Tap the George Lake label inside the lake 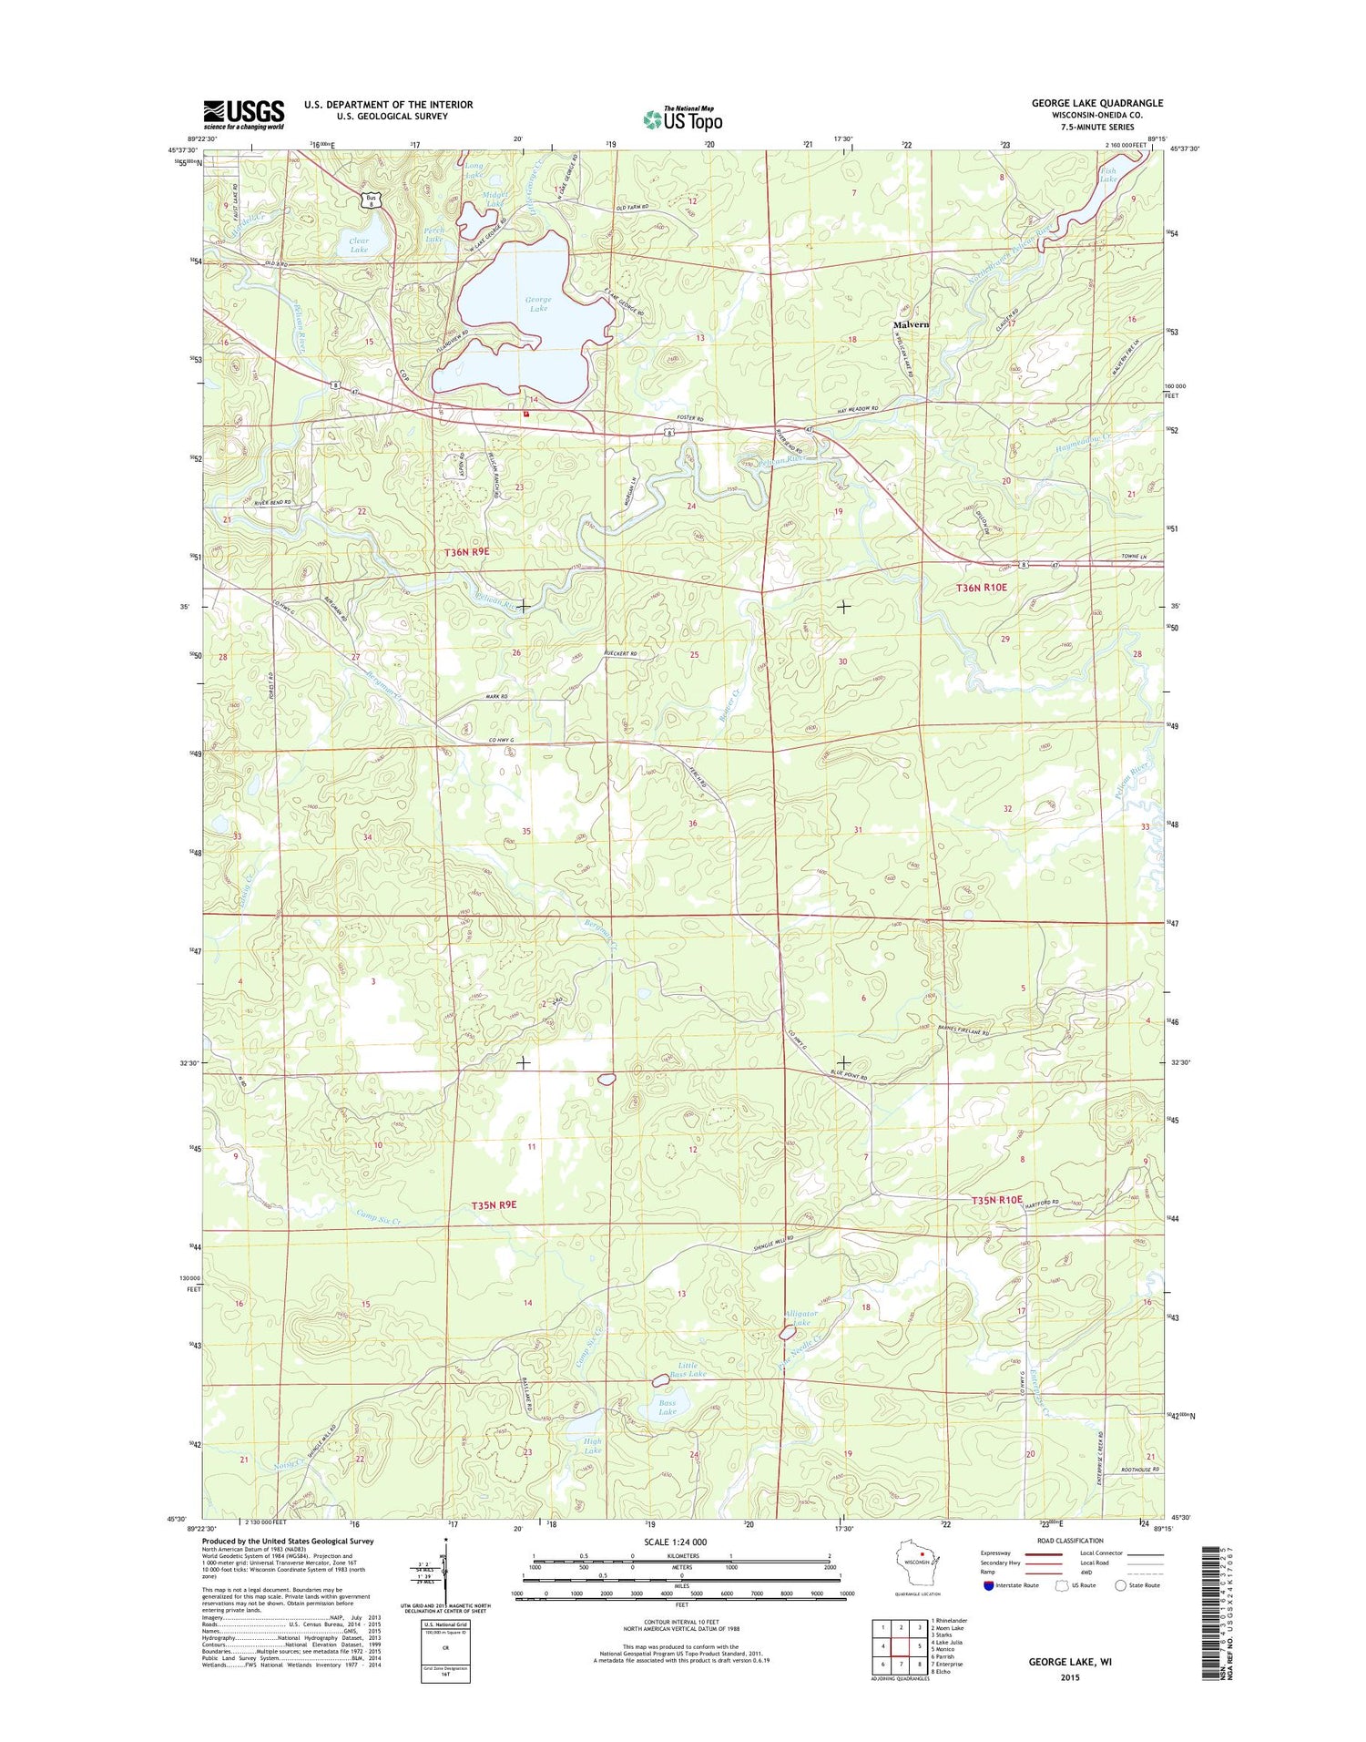click(x=538, y=303)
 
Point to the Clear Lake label click(x=359, y=245)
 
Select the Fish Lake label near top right click(x=1108, y=174)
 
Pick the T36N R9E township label click(x=467, y=552)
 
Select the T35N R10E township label click(x=996, y=1200)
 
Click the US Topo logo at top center click(x=683, y=118)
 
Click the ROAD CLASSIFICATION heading click(x=1068, y=1541)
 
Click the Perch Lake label click(x=434, y=234)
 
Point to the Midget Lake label click(x=494, y=199)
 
